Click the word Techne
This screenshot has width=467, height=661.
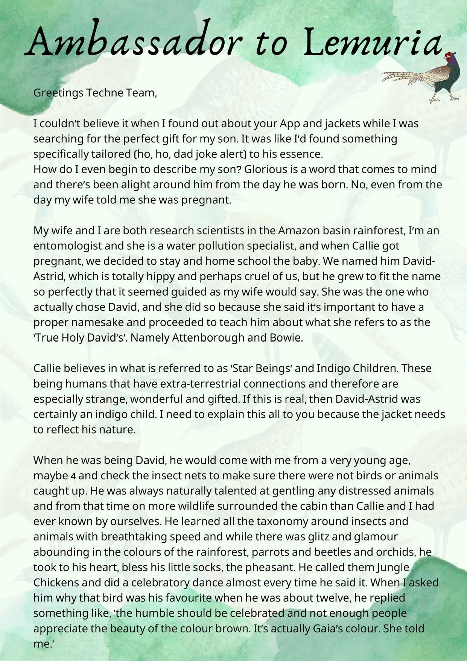101,93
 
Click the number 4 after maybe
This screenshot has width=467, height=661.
73,476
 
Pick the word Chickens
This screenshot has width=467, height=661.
56,582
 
